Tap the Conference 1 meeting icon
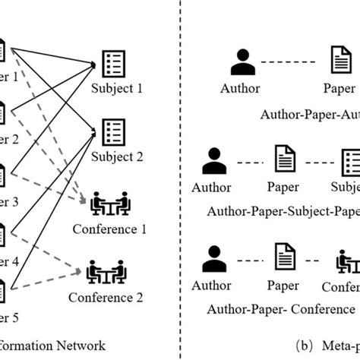click(x=111, y=204)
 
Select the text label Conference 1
click(x=111, y=228)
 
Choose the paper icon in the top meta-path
click(x=338, y=60)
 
